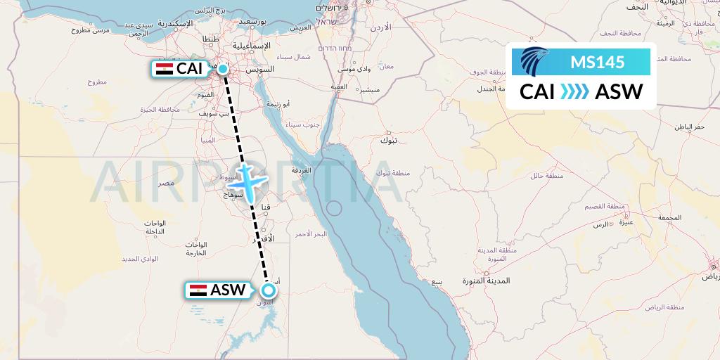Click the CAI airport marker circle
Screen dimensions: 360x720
point(223,69)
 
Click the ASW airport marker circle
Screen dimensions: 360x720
point(269,290)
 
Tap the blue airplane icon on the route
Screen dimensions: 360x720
point(247,181)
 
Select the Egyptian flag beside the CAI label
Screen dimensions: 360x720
point(165,69)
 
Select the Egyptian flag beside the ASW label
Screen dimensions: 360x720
point(198,290)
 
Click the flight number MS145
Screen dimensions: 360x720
point(597,63)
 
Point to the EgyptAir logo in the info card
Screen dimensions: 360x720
point(535,62)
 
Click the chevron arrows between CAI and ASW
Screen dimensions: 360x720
point(575,92)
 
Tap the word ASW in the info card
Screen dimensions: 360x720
point(619,92)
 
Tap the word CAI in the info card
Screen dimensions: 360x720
point(538,92)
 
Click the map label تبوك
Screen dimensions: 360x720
point(389,141)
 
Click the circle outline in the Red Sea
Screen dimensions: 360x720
point(334,208)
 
